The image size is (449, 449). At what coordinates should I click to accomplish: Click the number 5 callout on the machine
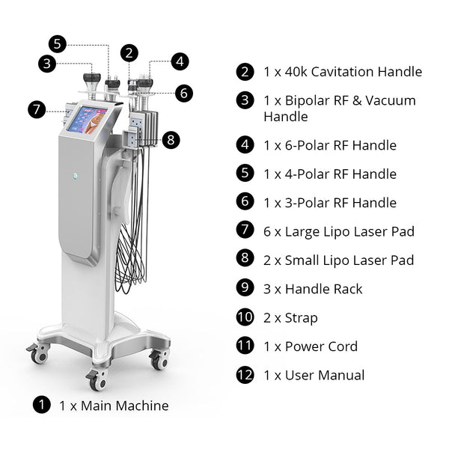pos(58,43)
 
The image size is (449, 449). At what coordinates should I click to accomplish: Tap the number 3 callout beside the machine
pos(47,64)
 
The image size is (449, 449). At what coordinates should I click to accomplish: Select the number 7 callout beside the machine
pos(37,109)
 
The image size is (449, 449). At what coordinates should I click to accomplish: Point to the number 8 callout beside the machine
pos(171,139)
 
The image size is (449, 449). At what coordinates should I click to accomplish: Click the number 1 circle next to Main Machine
pos(42,406)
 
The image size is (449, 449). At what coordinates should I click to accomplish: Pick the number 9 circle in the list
pos(245,289)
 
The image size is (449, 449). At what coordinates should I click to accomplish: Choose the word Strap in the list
pos(301,317)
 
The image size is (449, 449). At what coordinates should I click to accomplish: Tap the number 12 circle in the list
pos(245,375)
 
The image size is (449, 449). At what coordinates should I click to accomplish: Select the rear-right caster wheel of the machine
pos(159,360)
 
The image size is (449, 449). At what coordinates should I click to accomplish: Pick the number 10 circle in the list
pos(245,317)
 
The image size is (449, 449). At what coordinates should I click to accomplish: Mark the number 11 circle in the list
pos(245,346)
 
